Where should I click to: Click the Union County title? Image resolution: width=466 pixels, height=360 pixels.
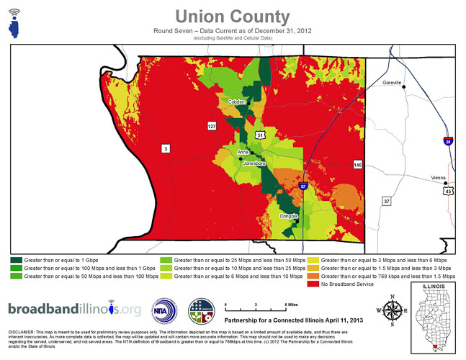click(232, 16)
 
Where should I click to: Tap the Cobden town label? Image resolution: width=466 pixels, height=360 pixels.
click(236, 102)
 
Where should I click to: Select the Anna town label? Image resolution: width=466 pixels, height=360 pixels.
click(243, 153)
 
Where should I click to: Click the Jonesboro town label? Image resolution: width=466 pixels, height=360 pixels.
click(255, 163)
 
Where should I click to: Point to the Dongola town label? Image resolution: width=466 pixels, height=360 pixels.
click(290, 216)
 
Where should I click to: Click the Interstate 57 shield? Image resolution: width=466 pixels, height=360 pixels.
click(303, 186)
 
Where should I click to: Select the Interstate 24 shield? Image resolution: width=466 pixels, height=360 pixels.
click(448, 140)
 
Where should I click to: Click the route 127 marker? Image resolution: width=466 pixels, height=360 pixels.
click(212, 126)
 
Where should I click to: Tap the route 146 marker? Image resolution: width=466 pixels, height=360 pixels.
click(357, 165)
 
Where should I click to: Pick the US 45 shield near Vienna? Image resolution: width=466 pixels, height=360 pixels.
click(449, 192)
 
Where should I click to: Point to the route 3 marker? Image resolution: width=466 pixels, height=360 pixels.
click(166, 149)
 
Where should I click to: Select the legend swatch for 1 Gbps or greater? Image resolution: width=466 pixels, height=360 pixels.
click(15, 258)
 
